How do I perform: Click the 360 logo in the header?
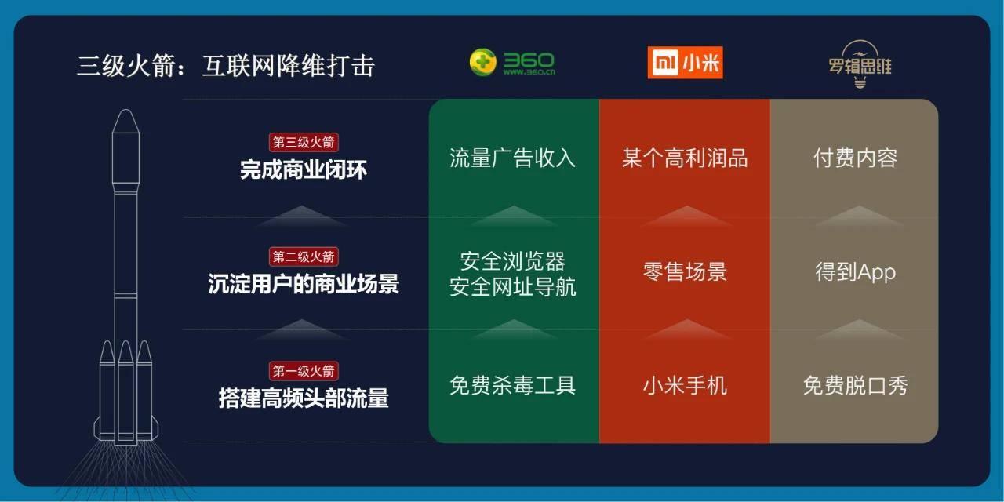click(x=511, y=63)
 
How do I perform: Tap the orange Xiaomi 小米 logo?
click(x=685, y=63)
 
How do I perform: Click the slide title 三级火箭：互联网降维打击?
click(x=225, y=65)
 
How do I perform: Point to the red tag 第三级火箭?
click(x=304, y=143)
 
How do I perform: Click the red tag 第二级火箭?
click(x=304, y=256)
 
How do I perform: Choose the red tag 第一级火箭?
click(x=304, y=371)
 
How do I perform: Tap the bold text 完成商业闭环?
click(x=304, y=169)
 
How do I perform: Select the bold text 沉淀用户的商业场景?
click(x=304, y=283)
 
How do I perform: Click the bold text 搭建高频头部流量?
click(x=304, y=398)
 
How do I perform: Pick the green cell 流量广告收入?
click(x=513, y=158)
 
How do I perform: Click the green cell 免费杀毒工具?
click(x=513, y=385)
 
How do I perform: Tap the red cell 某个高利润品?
click(x=685, y=158)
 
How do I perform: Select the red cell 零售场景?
click(x=685, y=271)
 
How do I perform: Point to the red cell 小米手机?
click(x=685, y=385)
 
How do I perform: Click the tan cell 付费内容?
click(x=855, y=158)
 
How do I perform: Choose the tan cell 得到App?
click(x=855, y=271)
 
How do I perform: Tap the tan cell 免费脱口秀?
click(x=855, y=385)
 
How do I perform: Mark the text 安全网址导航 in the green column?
click(x=513, y=286)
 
